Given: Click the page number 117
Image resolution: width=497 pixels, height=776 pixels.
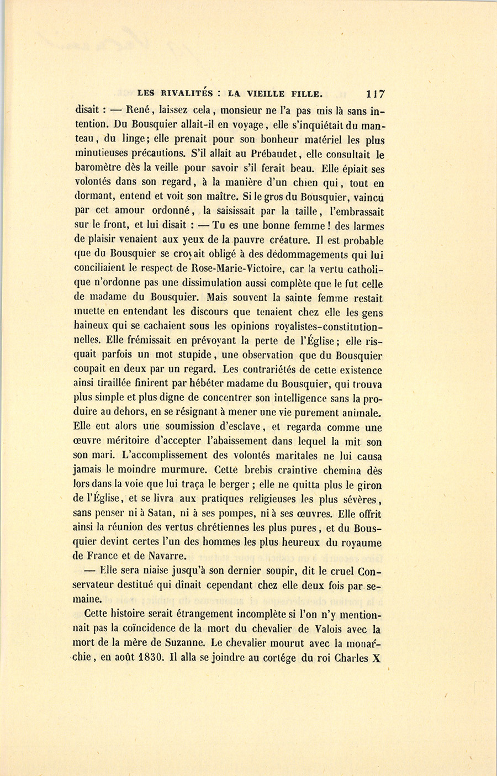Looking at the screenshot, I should (374, 94).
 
